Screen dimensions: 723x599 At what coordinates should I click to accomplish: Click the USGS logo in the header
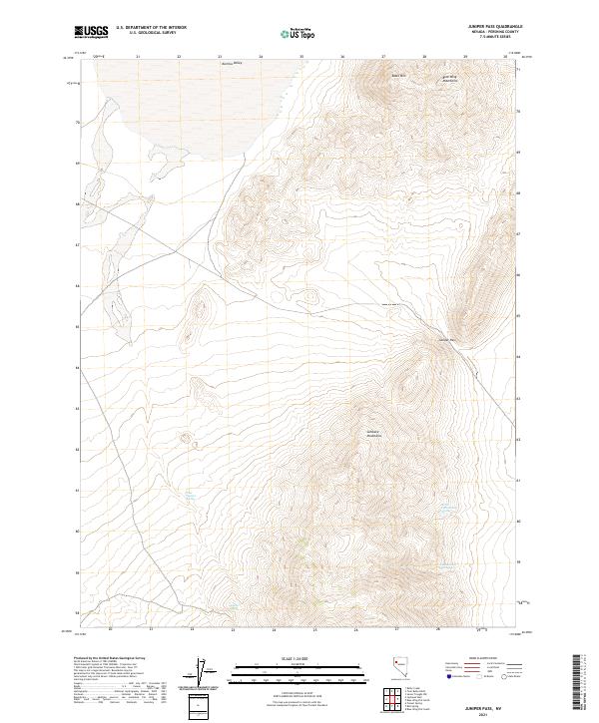click(x=92, y=32)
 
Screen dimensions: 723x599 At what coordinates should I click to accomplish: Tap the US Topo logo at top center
click(x=299, y=33)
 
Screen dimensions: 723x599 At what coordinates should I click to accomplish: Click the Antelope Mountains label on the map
click(x=374, y=435)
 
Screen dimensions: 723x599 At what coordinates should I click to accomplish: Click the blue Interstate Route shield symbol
click(x=450, y=676)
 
